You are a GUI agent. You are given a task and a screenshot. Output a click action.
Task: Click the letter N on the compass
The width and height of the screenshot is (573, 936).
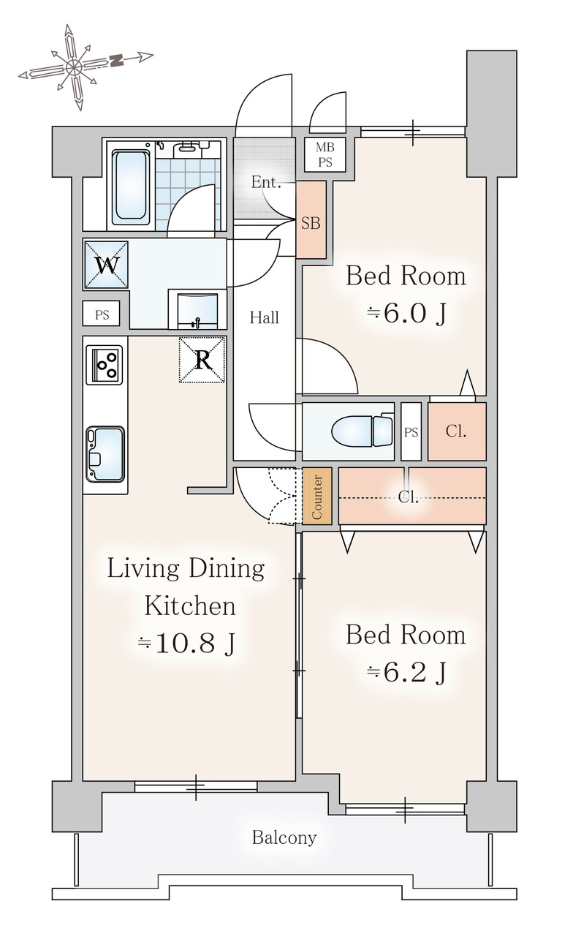[118, 61]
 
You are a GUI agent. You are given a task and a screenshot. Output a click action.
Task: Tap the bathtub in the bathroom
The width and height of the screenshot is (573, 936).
[131, 185]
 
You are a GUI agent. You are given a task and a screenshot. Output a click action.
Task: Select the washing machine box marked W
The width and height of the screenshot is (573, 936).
[106, 265]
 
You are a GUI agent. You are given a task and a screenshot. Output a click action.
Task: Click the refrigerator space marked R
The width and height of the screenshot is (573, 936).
[202, 359]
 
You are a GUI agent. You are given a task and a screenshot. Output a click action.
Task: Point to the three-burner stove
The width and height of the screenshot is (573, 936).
[105, 364]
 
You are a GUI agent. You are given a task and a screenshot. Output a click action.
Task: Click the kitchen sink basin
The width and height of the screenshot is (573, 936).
[105, 454]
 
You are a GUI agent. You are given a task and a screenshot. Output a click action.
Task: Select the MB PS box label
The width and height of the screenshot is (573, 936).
[325, 154]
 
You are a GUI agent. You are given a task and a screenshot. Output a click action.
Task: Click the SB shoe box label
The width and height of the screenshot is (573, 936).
[311, 223]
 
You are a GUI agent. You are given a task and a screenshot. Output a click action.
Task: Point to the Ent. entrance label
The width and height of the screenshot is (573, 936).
[265, 182]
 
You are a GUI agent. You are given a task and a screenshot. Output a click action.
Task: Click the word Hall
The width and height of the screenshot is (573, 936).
[265, 318]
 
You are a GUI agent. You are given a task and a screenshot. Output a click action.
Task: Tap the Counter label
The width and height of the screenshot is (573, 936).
[317, 497]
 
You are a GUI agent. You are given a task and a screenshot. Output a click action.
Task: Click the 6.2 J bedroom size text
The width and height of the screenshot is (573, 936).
[406, 672]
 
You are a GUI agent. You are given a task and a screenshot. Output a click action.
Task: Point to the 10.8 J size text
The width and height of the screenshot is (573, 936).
[186, 643]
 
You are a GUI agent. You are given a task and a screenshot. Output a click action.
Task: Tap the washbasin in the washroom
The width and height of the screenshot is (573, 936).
[197, 311]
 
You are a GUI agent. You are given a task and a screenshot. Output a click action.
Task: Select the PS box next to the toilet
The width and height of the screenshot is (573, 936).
[411, 431]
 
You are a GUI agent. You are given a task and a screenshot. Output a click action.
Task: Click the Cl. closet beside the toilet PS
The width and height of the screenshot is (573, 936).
[457, 431]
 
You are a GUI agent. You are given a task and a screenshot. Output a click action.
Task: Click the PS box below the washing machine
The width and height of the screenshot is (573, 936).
[102, 314]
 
